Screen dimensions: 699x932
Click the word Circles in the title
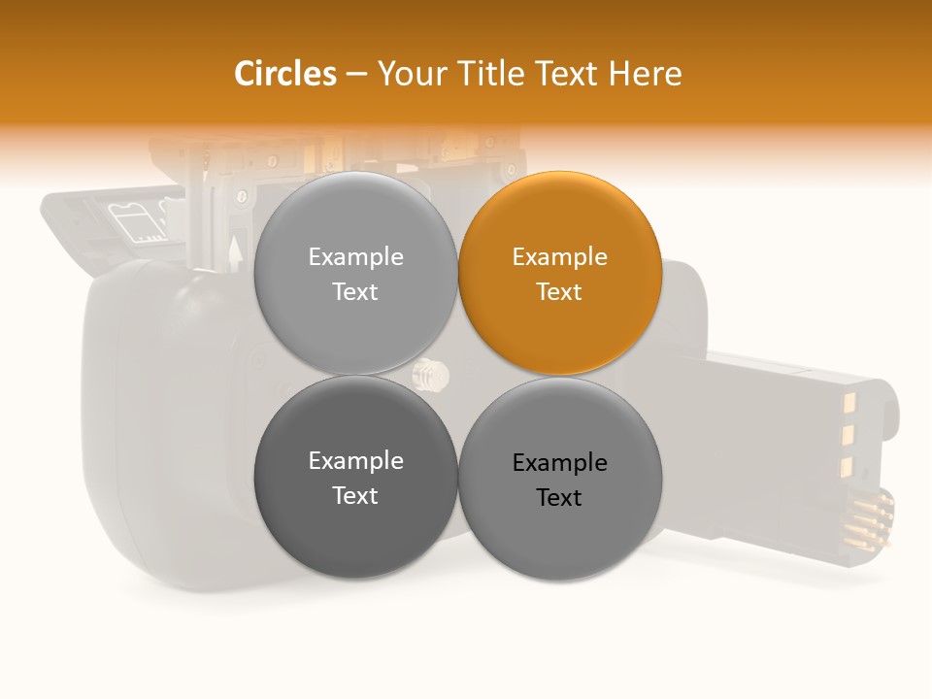coord(284,74)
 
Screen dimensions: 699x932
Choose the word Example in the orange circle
coord(559,257)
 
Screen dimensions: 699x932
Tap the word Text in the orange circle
coord(559,291)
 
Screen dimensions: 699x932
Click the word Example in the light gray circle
coord(355,257)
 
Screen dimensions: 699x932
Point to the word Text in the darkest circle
coord(355,495)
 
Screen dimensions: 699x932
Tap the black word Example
coord(559,463)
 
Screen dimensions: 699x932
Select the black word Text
coord(559,497)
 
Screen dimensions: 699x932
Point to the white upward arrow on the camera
coord(234,253)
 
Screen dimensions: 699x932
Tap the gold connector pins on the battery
coord(869,520)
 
